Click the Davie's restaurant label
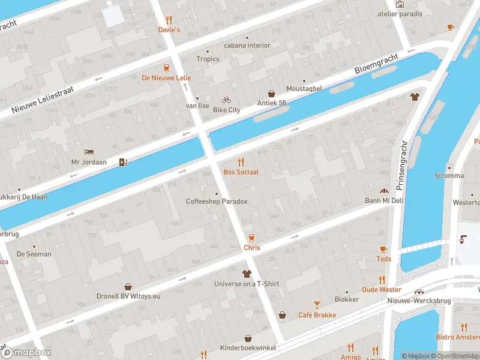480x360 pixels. click(169, 29)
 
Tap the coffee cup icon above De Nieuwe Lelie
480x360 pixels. click(166, 67)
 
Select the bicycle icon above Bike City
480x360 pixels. click(226, 100)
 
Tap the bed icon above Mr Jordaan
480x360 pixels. click(89, 152)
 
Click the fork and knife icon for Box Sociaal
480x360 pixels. click(241, 161)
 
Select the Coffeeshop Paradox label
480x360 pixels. click(217, 202)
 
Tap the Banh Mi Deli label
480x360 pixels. click(384, 200)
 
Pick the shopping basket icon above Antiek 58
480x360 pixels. click(272, 94)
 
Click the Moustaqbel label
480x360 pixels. click(304, 89)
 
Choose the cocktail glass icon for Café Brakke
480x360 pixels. click(317, 305)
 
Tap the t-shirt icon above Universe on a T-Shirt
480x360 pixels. click(247, 274)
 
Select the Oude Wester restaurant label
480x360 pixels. click(382, 290)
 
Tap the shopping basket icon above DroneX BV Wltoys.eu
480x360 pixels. click(128, 286)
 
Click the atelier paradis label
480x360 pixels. click(400, 14)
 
